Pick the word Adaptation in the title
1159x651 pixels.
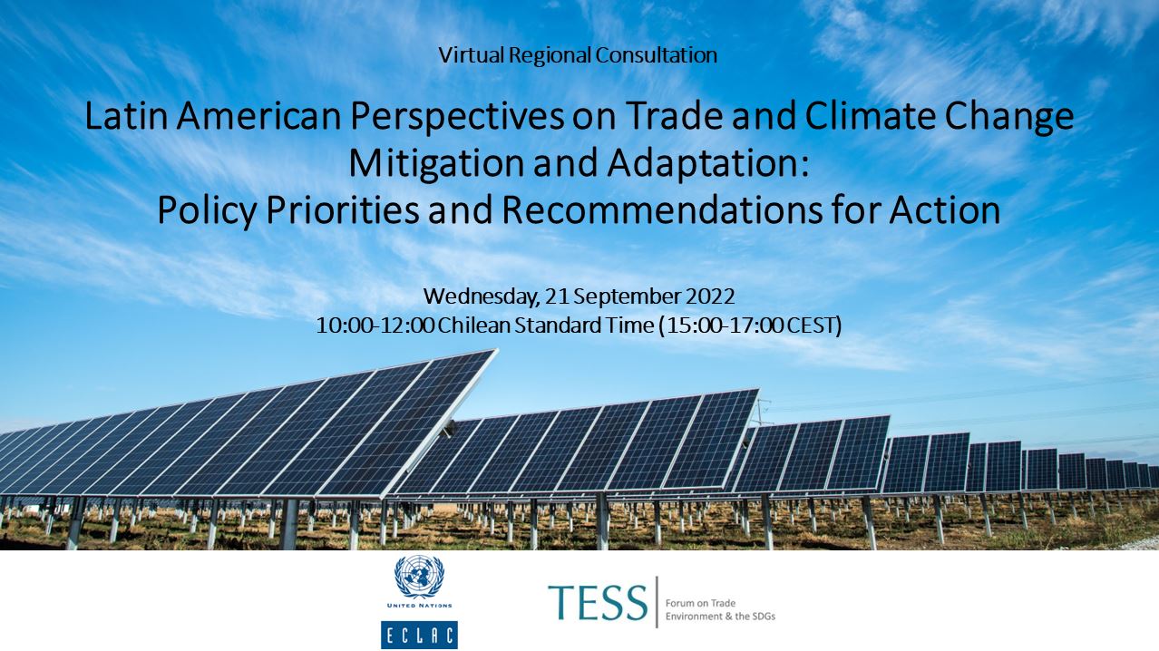point(707,164)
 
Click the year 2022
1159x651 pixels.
point(710,296)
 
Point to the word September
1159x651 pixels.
point(627,297)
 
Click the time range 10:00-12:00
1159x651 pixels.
point(375,325)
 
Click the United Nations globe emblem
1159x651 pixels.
point(419,577)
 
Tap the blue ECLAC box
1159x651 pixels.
point(419,635)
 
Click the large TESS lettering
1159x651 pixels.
point(598,603)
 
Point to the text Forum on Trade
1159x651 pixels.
point(700,603)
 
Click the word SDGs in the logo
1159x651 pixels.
point(763,617)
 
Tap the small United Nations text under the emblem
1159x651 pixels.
point(419,606)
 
